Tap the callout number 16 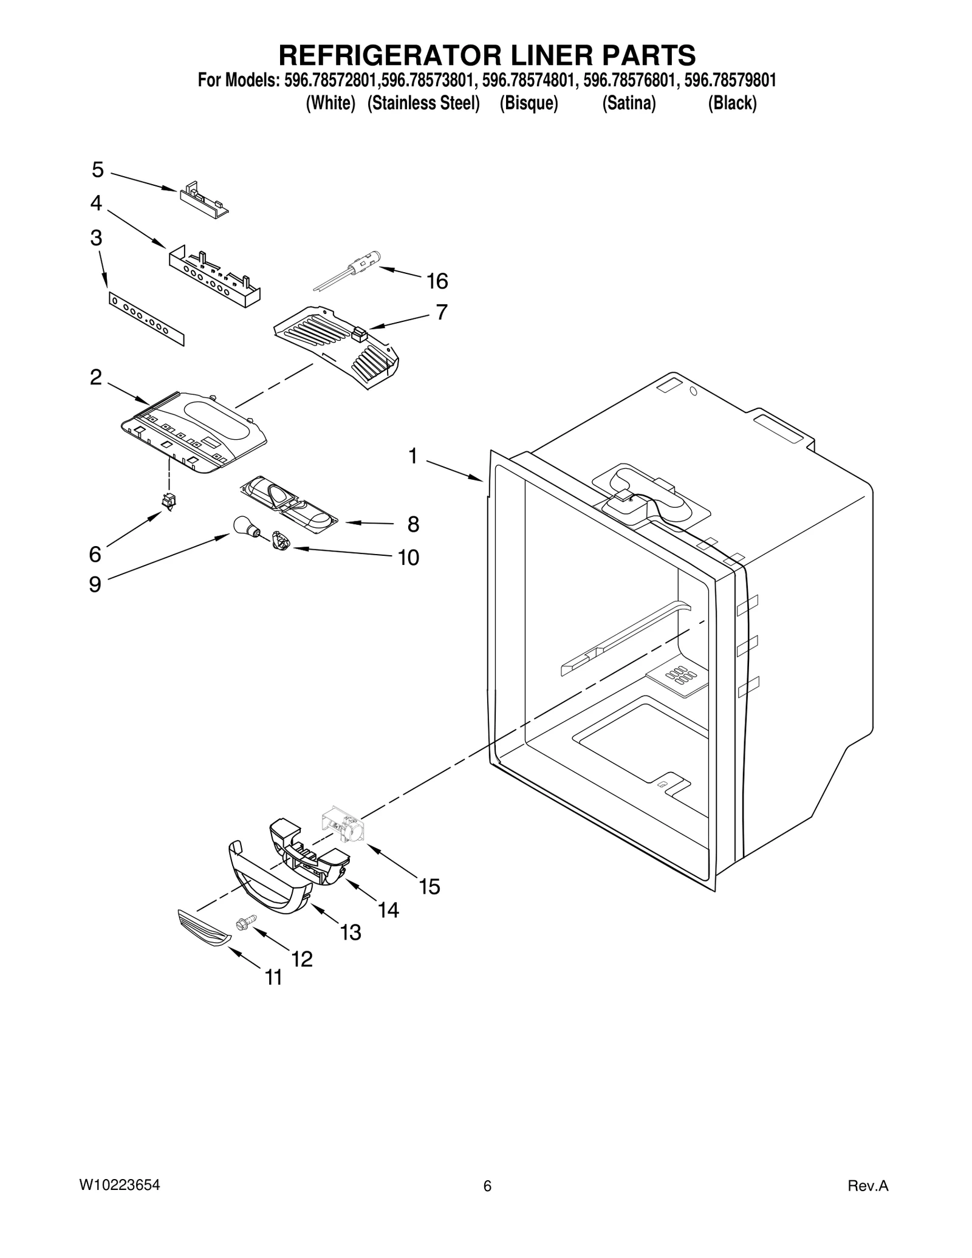coord(437,281)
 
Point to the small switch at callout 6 coord(168,501)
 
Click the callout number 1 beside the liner coord(413,456)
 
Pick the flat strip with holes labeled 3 coord(146,318)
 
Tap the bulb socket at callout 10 coord(281,540)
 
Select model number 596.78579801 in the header coord(731,81)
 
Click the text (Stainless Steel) coord(424,104)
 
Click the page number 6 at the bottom coord(487,1186)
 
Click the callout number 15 coord(429,886)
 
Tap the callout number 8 coord(413,524)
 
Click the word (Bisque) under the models coord(529,104)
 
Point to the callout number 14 coord(388,909)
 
